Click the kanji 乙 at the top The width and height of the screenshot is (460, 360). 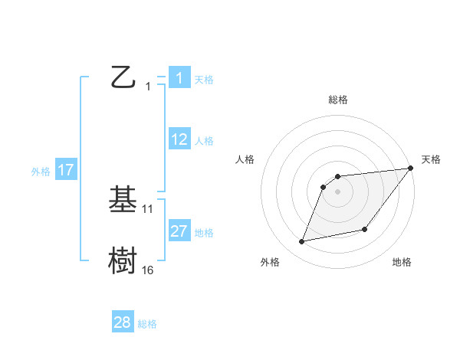click(x=123, y=77)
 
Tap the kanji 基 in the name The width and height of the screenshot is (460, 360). click(x=123, y=201)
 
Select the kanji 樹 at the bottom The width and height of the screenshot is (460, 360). click(x=123, y=260)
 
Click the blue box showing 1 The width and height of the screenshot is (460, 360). click(x=179, y=77)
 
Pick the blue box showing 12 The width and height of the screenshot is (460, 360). click(x=179, y=139)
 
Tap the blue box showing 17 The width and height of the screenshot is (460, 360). click(x=65, y=170)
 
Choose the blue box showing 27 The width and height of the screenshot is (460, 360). click(x=179, y=231)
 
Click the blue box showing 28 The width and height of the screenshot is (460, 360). click(x=123, y=322)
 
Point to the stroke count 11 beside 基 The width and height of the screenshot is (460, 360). click(x=148, y=208)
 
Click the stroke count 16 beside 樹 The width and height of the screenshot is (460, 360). click(x=148, y=270)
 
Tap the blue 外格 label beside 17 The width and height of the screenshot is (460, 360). click(x=41, y=172)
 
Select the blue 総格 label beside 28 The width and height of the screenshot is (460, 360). click(x=147, y=324)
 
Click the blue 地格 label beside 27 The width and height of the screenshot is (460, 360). click(x=204, y=233)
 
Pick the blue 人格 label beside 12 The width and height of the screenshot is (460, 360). click(x=204, y=141)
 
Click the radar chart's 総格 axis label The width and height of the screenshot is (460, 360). click(x=337, y=100)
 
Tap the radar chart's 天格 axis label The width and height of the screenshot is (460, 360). click(x=431, y=159)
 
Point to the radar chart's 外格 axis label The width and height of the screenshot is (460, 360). click(x=270, y=262)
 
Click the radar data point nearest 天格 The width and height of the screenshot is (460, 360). click(x=410, y=168)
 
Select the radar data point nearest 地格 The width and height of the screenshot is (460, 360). click(x=365, y=229)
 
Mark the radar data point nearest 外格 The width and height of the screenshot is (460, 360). click(x=302, y=241)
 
